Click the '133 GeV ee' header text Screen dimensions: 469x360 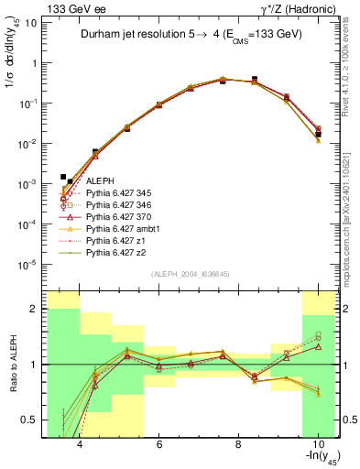point(71,8)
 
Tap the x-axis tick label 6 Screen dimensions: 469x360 point(159,444)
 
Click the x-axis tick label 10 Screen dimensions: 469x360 point(316,444)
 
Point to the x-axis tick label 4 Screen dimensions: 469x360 point(81,444)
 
